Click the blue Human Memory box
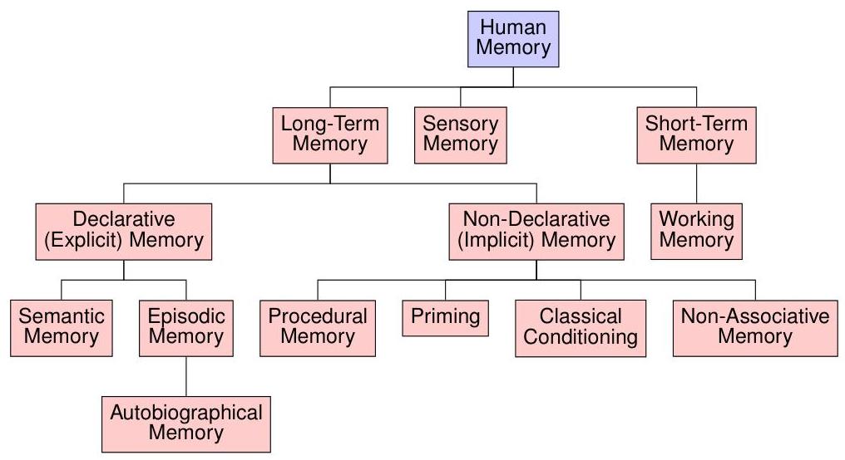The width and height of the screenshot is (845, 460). tap(513, 37)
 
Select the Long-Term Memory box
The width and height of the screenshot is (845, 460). tap(329, 135)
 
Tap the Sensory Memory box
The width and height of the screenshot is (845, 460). tap(460, 135)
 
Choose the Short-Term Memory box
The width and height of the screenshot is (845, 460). tap(696, 135)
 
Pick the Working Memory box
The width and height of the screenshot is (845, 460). tap(696, 231)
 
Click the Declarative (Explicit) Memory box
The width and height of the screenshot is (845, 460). tap(124, 231)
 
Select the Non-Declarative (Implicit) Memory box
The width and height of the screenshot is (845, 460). tap(536, 231)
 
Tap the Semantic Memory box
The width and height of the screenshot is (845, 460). tap(62, 326)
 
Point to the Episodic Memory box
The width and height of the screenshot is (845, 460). tap(185, 326)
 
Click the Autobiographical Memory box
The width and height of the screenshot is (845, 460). tap(185, 423)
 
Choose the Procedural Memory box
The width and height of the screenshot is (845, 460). tap(318, 326)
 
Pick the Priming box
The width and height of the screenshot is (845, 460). tap(445, 317)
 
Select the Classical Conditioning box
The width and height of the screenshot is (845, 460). tap(580, 326)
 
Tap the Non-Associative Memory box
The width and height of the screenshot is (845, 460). tap(755, 326)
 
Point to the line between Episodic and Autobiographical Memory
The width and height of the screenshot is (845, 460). tap(185, 374)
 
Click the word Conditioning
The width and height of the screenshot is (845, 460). tap(580, 337)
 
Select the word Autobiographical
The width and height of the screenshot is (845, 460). tap(185, 413)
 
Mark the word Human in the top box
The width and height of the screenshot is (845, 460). tap(513, 27)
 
